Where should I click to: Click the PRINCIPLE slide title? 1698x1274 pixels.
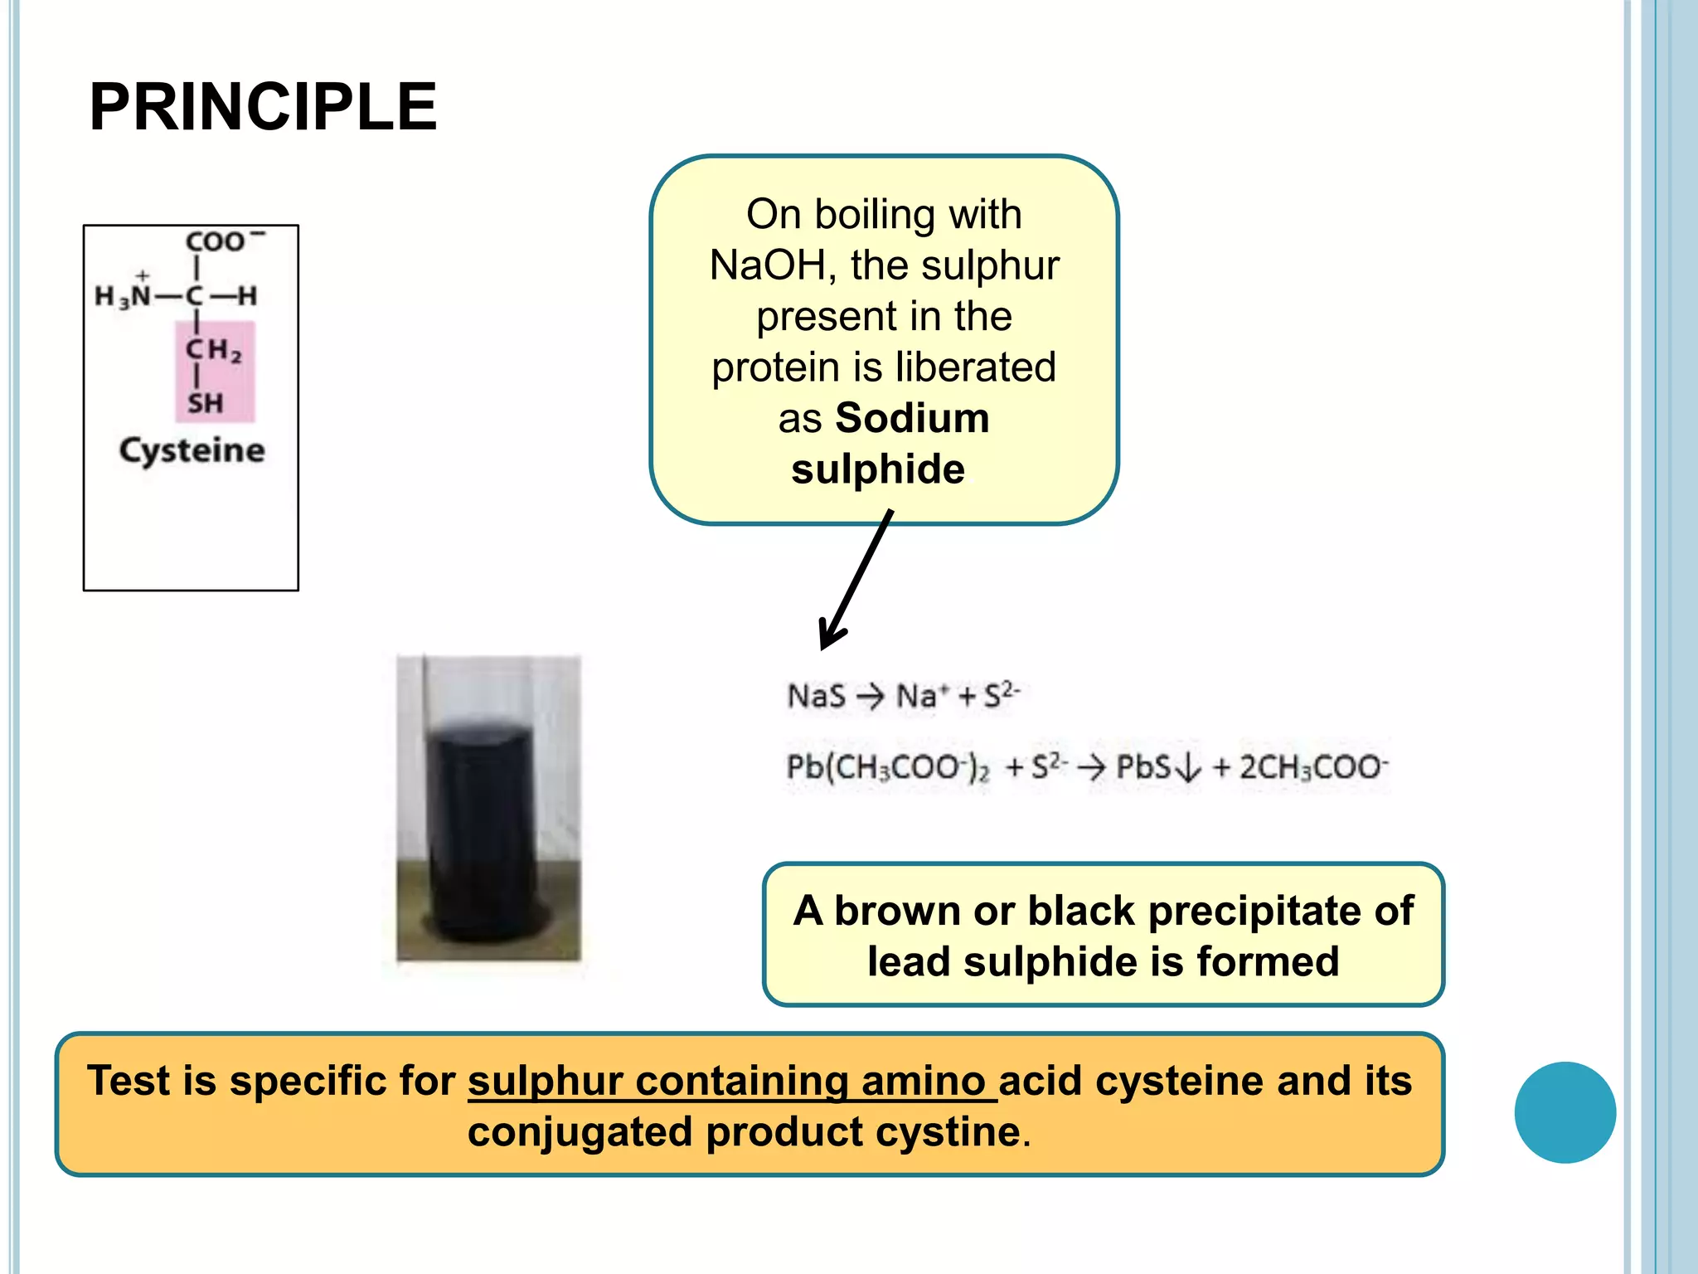click(263, 108)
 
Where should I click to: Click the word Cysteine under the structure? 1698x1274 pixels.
click(192, 450)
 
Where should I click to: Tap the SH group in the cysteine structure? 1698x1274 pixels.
click(205, 404)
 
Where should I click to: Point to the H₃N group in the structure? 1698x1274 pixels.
click(123, 295)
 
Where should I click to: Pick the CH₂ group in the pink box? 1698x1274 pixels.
click(213, 350)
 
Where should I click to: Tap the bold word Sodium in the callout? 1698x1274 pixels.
click(912, 418)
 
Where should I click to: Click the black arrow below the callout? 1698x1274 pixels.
click(855, 581)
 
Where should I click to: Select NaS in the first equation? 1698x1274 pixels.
click(816, 696)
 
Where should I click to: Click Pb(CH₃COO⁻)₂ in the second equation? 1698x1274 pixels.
click(887, 767)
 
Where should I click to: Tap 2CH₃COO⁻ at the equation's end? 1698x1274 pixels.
click(1313, 767)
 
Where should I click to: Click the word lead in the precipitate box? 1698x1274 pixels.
click(909, 962)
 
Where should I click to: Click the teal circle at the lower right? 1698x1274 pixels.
click(1565, 1112)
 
